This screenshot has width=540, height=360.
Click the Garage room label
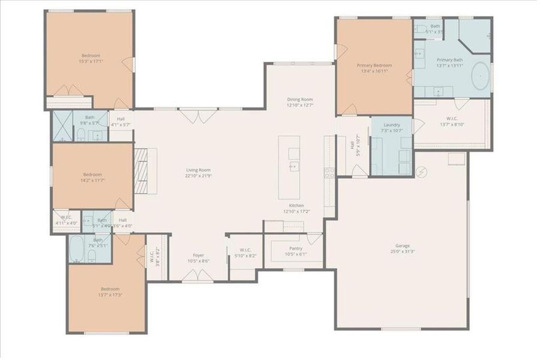402,248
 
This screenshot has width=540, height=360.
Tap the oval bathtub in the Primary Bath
480,78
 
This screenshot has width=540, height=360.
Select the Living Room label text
198,173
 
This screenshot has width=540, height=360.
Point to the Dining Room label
299,102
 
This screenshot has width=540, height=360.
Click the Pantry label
296,251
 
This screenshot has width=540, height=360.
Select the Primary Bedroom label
374,68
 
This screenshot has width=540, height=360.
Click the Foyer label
198,258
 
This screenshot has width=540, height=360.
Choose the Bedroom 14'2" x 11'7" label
92,177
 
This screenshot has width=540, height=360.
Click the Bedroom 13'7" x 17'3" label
109,292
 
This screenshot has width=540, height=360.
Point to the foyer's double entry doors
197,276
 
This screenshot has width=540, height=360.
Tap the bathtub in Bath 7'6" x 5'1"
77,251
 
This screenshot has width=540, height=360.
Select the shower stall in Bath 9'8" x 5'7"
62,125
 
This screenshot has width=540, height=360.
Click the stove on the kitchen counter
329,173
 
